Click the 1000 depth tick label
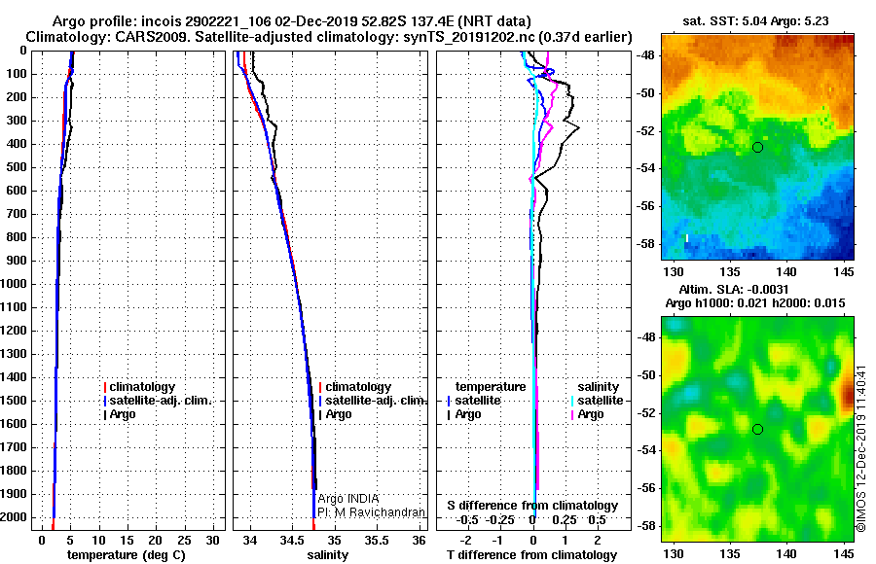tap(14, 284)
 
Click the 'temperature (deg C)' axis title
tap(127, 555)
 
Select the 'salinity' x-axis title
tap(328, 555)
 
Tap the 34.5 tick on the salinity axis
tap(293, 541)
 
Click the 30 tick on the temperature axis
tap(213, 541)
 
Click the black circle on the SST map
tap(757, 148)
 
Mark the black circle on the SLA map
tap(757, 430)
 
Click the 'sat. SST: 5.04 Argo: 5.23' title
tap(756, 21)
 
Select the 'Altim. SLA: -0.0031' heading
tap(734, 289)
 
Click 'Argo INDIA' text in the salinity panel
tap(348, 499)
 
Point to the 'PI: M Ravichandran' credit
tap(372, 512)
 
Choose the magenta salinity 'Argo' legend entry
tap(590, 414)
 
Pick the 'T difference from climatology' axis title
tap(531, 555)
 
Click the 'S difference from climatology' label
tap(532, 506)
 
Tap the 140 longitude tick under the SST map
tap(786, 271)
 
